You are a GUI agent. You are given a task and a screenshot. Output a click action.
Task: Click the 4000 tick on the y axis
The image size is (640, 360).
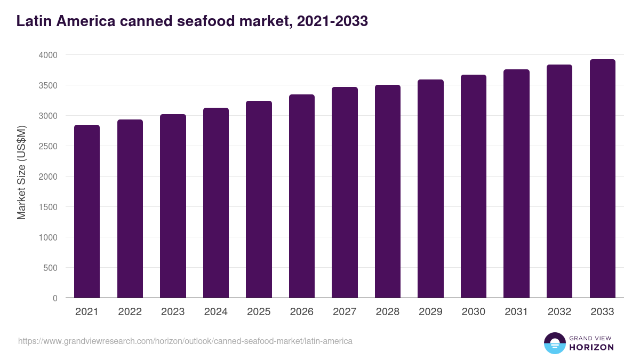click(x=48, y=55)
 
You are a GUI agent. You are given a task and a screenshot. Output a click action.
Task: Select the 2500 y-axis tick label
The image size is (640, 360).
click(x=48, y=146)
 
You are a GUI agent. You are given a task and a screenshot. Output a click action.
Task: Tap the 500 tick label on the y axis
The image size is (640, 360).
click(x=50, y=268)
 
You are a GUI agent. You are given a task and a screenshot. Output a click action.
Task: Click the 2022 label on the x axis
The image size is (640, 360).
click(x=130, y=312)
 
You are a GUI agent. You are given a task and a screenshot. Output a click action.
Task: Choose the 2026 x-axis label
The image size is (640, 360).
click(x=302, y=312)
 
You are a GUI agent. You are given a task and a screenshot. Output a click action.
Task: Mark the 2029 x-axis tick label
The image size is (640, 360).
click(x=430, y=312)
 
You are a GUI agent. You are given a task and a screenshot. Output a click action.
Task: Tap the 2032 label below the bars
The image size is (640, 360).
click(x=559, y=312)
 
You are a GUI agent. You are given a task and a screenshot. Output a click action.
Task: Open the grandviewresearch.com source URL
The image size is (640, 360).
click(x=185, y=341)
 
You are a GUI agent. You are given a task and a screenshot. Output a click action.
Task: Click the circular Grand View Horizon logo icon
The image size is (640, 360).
click(x=555, y=343)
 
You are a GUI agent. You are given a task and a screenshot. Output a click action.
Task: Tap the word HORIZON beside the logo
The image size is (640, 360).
click(x=591, y=347)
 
